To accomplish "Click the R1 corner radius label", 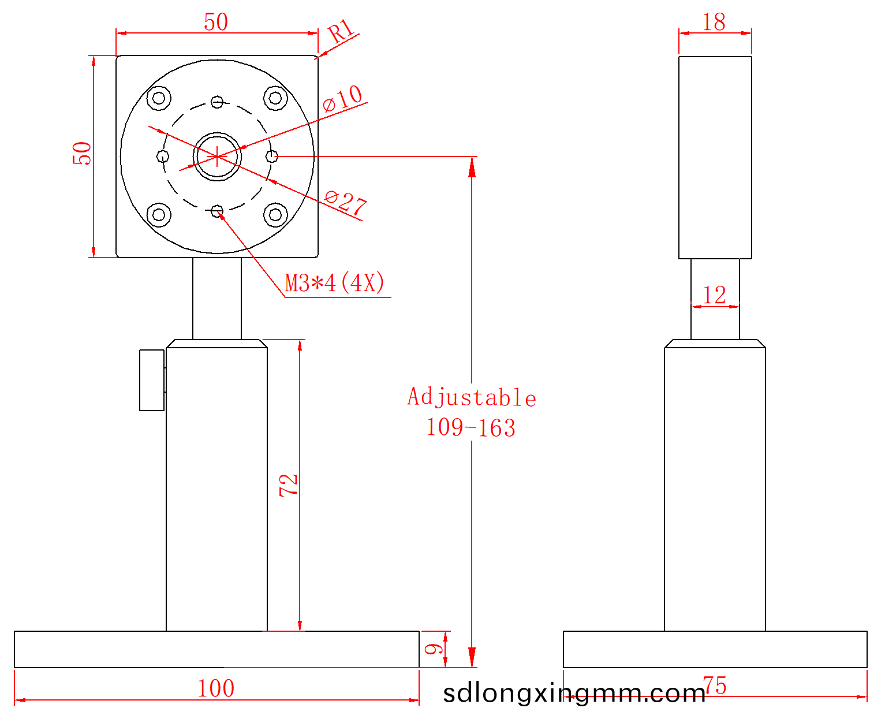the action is pyautogui.click(x=340, y=31).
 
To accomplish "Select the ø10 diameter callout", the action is pyautogui.click(x=342, y=98).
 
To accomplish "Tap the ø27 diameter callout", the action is pyautogui.click(x=345, y=202).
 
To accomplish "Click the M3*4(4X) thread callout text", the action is pyautogui.click(x=334, y=283).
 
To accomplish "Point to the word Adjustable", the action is pyautogui.click(x=471, y=397).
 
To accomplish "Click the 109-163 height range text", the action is pyautogui.click(x=470, y=427).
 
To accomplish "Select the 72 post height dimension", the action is pyautogui.click(x=288, y=485).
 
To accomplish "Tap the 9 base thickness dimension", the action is pyautogui.click(x=434, y=649).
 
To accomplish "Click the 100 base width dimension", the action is pyautogui.click(x=216, y=688).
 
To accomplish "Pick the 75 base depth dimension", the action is pyautogui.click(x=714, y=686).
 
